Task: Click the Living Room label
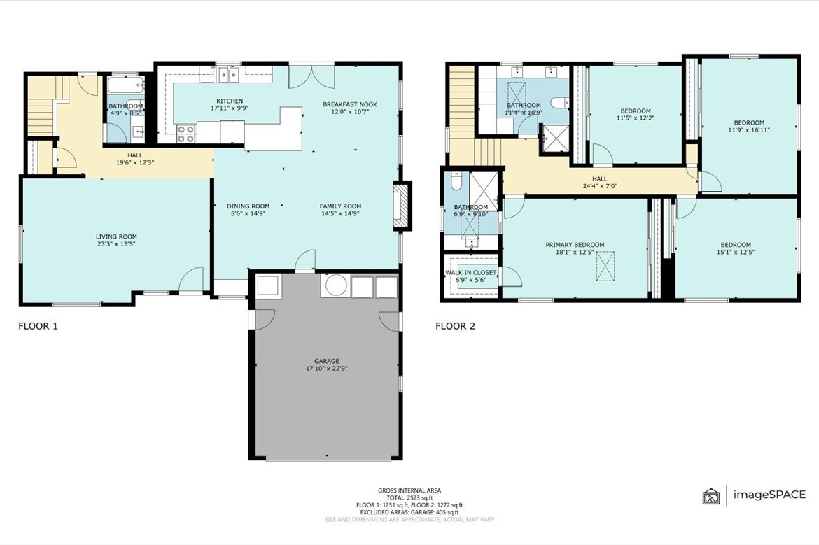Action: coord(116,240)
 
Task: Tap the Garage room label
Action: coord(327,364)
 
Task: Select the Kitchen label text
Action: coord(230,104)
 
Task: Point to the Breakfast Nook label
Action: coord(350,108)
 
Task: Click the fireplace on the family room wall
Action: coord(402,205)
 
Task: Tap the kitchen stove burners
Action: coord(186,134)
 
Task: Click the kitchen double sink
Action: coord(229,75)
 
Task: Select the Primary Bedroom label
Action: coord(575,248)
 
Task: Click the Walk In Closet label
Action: coord(470,276)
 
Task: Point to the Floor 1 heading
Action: coord(38,326)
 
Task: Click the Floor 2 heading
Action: coord(456,326)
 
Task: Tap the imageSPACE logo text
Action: coord(769,495)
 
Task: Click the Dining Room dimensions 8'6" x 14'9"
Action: coord(248,213)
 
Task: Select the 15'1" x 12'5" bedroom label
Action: coord(736,248)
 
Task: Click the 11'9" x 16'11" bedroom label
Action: coord(749,127)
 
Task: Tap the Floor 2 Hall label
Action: coord(600,182)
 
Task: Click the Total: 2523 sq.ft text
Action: coord(409,497)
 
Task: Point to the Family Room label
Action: coord(341,209)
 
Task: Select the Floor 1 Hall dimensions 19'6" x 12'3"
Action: coord(135,162)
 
